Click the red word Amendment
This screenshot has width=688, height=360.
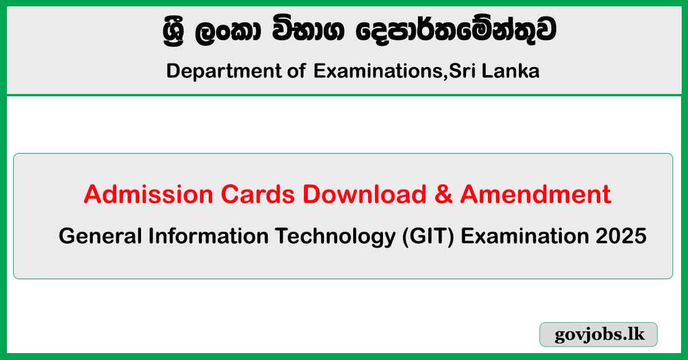(x=535, y=195)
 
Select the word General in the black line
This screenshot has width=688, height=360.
(x=98, y=236)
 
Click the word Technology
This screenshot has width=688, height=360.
(x=310, y=236)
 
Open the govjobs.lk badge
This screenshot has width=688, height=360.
(x=599, y=335)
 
